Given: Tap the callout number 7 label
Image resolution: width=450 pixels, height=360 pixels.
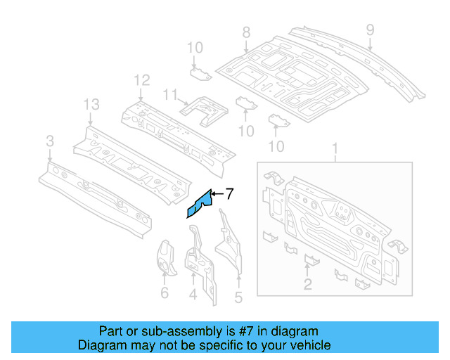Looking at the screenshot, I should pos(229,194).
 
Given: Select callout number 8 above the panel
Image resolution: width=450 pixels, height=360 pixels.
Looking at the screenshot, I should pos(246,32).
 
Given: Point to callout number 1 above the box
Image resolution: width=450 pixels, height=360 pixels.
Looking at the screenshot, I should pos(335,150).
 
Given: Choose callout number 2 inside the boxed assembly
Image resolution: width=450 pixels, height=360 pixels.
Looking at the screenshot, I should pos(307,283).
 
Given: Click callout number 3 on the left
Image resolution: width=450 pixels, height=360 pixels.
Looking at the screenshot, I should pos(49,142).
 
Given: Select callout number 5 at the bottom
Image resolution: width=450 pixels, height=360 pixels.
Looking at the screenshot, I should pos(238,297).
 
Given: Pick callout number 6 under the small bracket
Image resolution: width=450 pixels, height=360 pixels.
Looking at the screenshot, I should pos(165,293).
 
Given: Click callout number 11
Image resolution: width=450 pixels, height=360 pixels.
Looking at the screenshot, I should pos(169,94).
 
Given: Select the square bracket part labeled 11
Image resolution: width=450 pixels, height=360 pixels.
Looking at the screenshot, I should pos(204,110).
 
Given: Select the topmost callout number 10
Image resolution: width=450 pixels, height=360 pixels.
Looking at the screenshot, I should pos(195,47).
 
